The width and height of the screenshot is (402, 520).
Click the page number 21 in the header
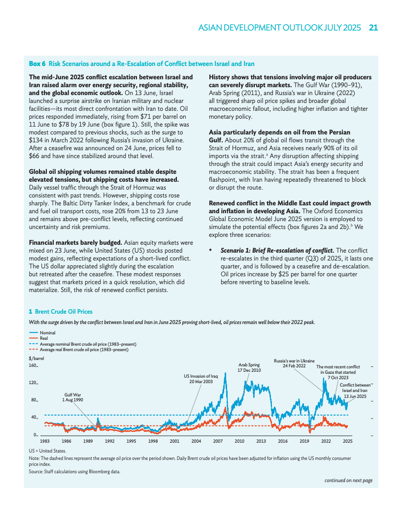(x=373, y=28)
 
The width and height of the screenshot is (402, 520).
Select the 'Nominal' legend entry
(x=48, y=333)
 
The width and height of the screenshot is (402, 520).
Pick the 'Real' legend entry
(x=44, y=338)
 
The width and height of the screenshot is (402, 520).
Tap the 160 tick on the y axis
(x=33, y=366)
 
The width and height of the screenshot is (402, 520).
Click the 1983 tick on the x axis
(x=45, y=441)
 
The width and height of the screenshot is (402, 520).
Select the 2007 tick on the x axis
(x=218, y=441)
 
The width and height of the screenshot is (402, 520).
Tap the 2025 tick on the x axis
(x=347, y=441)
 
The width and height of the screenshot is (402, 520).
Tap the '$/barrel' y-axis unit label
(x=36, y=358)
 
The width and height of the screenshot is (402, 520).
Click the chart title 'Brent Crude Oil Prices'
(x=64, y=312)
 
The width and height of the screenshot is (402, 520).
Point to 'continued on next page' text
(x=348, y=480)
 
